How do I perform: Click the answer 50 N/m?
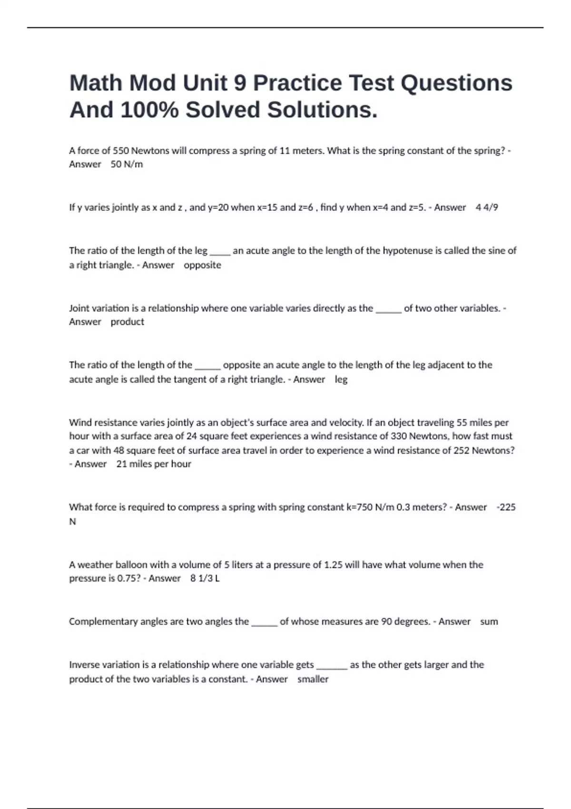point(127,164)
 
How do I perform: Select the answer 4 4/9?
point(487,207)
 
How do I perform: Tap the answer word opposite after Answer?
point(202,265)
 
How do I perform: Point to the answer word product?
point(127,322)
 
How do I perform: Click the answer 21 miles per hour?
point(154,464)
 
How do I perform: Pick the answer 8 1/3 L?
point(205,579)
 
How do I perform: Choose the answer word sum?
point(489,622)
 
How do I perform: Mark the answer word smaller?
point(313,679)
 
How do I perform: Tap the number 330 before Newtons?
point(398,436)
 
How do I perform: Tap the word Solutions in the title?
point(322,110)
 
